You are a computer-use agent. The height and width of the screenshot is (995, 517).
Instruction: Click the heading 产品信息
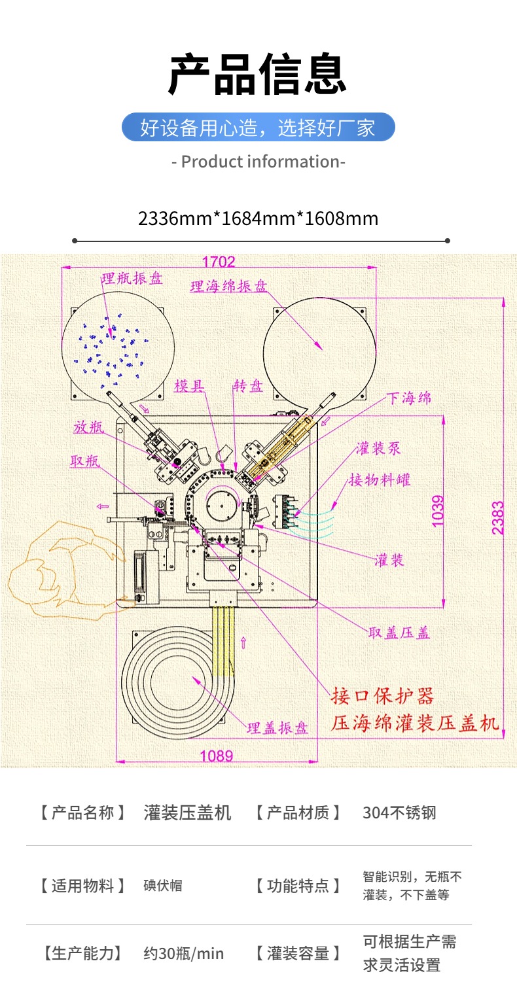[258, 75]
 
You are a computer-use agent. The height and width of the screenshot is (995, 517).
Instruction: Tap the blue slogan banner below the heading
[258, 127]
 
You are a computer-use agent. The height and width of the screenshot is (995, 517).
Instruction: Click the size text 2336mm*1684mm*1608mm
[258, 218]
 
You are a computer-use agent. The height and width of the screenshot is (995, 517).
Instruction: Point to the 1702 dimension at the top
[218, 262]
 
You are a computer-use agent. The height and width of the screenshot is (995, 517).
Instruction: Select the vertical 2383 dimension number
[499, 517]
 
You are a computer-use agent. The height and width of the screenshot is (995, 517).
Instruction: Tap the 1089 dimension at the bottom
[216, 756]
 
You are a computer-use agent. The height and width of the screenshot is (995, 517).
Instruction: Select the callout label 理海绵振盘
[229, 287]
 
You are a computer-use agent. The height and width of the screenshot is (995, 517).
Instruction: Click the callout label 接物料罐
[380, 480]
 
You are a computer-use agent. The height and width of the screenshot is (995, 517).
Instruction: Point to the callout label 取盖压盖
[399, 633]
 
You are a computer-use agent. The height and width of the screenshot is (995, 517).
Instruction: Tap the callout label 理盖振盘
[277, 728]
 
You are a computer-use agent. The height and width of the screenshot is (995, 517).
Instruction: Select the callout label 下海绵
[409, 398]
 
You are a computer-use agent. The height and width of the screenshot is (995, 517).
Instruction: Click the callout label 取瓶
[85, 460]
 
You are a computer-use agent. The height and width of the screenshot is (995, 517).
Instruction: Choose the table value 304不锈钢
[399, 813]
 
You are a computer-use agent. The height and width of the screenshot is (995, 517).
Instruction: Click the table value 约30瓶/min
[183, 954]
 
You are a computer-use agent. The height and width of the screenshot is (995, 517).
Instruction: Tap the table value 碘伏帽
[163, 886]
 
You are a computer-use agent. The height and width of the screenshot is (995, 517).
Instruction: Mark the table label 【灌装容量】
[298, 954]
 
